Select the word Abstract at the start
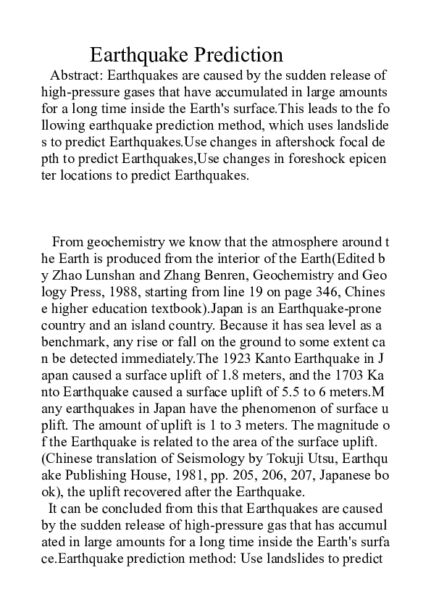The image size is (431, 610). (x=75, y=75)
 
